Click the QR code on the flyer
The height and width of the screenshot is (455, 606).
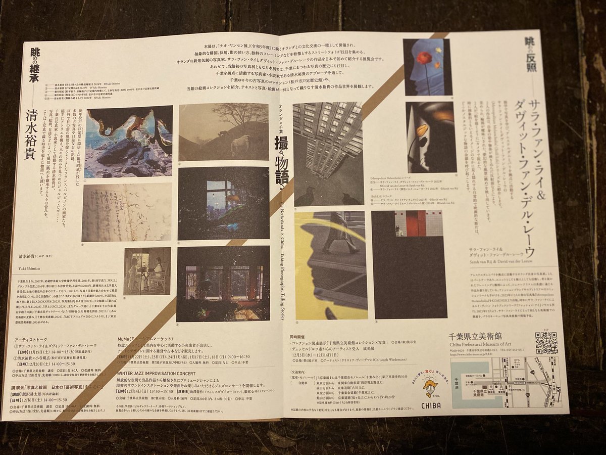tap(546, 343)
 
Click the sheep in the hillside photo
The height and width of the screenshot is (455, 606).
tap(240, 146)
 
